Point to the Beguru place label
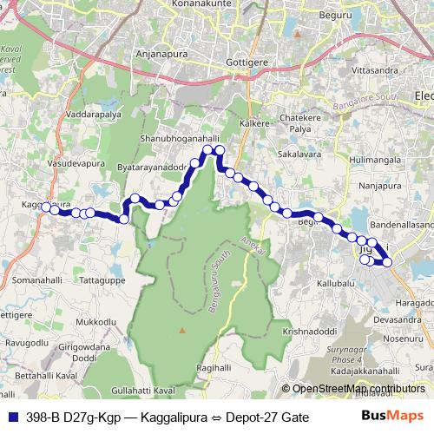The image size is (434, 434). [334, 16]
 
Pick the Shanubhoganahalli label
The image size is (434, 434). [175, 139]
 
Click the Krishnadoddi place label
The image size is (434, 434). [308, 331]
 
